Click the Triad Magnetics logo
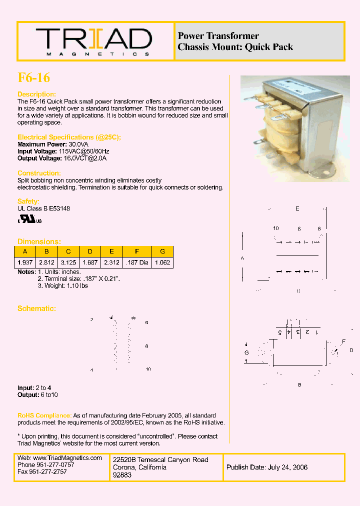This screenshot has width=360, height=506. (x=93, y=41)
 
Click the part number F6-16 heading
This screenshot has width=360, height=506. (x=33, y=77)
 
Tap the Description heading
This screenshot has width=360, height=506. (x=36, y=94)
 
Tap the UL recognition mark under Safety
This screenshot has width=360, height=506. (x=30, y=219)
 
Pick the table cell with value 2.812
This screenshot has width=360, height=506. (x=46, y=262)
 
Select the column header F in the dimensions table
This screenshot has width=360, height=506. (x=137, y=251)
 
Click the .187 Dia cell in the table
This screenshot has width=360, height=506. (x=137, y=262)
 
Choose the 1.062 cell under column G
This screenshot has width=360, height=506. (x=162, y=262)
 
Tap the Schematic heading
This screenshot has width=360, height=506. (x=36, y=308)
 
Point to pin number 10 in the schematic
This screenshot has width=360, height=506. (x=148, y=369)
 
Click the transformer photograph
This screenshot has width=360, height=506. (x=295, y=128)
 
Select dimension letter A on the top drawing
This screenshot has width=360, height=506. (x=242, y=258)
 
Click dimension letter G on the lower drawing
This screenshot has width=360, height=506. (x=246, y=352)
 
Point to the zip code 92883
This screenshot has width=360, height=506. (x=122, y=475)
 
